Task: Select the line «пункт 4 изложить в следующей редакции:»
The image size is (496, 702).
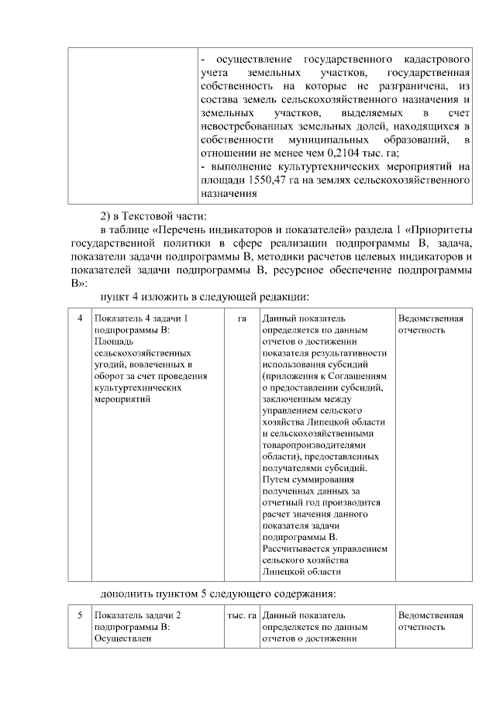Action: coord(205,297)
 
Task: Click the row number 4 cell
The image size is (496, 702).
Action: coord(79,318)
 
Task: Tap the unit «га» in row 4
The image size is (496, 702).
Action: coord(242,318)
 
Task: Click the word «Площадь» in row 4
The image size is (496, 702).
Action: coord(114,341)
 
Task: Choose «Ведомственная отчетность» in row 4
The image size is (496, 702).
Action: coord(430,324)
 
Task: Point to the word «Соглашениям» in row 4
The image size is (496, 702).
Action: coord(349,376)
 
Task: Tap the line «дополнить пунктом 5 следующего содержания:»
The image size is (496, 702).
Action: coord(218,594)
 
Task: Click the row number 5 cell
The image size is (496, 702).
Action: coord(79,615)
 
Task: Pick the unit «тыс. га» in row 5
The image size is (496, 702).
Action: coord(241,615)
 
